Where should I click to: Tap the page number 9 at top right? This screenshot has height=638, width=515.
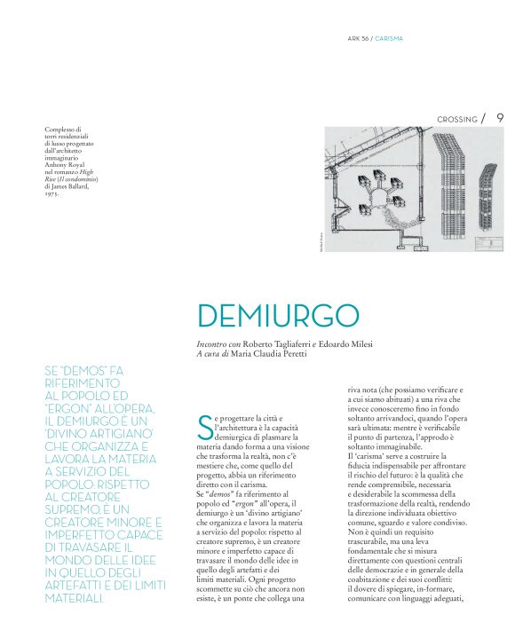tap(500, 117)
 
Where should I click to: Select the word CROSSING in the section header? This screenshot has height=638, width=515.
tap(457, 119)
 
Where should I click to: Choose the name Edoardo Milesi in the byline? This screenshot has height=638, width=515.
tap(345, 343)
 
